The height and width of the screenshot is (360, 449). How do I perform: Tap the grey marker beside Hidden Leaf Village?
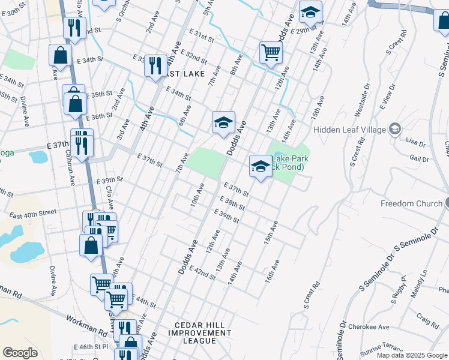pos(395,129)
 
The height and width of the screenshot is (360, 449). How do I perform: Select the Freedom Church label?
pos(411,203)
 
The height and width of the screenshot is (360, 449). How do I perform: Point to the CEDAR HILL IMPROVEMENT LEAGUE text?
pos(191,333)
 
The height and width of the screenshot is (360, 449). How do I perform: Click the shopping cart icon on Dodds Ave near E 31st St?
pos(271,53)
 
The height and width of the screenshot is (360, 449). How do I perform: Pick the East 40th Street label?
pos(33,212)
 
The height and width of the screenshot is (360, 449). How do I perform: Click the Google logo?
pos(20,353)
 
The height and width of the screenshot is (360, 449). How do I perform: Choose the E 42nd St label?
pos(202,274)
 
